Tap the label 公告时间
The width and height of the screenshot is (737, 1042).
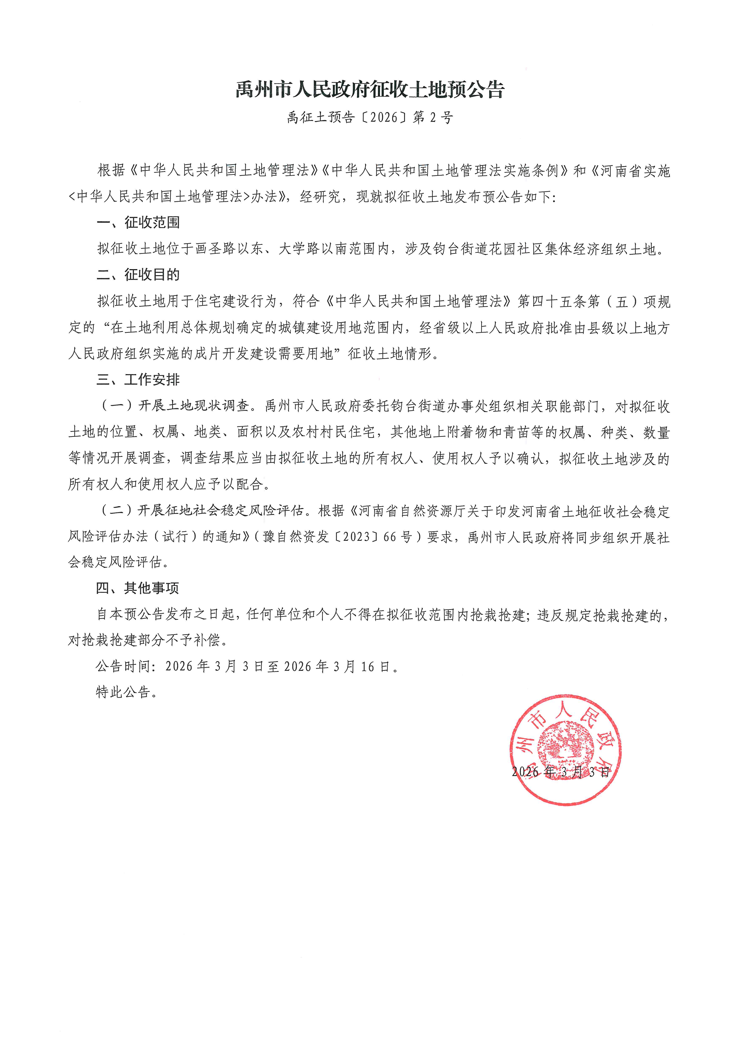point(123,666)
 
